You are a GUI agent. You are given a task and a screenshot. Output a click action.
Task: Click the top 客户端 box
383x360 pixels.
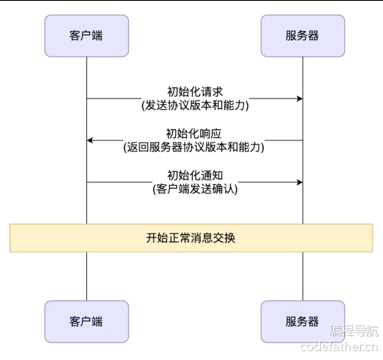[86, 36]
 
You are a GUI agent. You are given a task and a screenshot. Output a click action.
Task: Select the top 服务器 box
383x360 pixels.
[303, 36]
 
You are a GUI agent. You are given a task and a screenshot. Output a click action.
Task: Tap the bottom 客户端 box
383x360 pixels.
[86, 321]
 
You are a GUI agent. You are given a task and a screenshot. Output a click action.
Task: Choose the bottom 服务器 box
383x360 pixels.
[303, 321]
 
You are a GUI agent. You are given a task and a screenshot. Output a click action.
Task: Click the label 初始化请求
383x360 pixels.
[195, 92]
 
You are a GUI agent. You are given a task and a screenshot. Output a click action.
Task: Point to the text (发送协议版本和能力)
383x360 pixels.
[195, 105]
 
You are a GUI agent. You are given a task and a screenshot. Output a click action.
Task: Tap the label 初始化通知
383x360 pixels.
[195, 175]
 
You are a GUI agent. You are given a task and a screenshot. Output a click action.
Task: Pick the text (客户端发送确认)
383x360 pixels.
[195, 189]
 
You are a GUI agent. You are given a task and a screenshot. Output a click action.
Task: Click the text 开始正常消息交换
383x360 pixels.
[191, 238]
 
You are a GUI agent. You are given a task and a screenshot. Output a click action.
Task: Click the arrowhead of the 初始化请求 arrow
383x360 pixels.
[300, 98]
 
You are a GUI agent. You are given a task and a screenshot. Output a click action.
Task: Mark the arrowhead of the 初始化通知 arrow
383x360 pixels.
[300, 182]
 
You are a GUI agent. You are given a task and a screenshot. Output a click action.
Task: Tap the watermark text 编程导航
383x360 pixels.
[354, 331]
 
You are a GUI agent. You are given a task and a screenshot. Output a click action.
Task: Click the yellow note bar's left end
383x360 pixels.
[13, 238]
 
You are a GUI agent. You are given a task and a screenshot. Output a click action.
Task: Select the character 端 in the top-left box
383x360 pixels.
[97, 36]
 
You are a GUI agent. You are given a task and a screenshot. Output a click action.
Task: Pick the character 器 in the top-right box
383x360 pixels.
[314, 36]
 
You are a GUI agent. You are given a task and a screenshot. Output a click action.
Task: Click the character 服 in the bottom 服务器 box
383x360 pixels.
[291, 321]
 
